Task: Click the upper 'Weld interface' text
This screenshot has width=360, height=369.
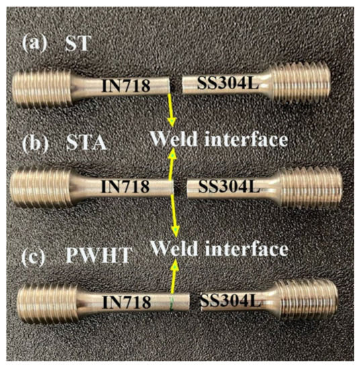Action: click(x=218, y=139)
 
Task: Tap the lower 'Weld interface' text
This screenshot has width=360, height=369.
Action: click(x=218, y=249)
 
